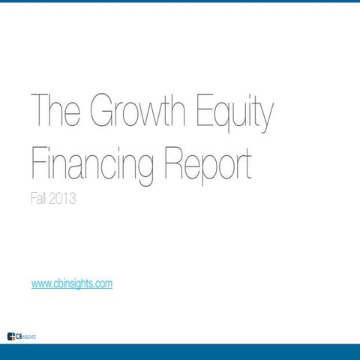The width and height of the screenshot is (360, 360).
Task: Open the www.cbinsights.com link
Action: [72, 283]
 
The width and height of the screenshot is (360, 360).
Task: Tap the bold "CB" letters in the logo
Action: [19, 334]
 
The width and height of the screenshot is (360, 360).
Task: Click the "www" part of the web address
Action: [40, 283]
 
